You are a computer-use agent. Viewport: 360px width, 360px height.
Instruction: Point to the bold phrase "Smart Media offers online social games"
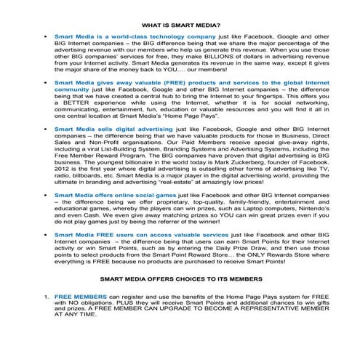coord(104,196)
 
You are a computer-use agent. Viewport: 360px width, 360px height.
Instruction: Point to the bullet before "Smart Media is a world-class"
coord(47,34)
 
